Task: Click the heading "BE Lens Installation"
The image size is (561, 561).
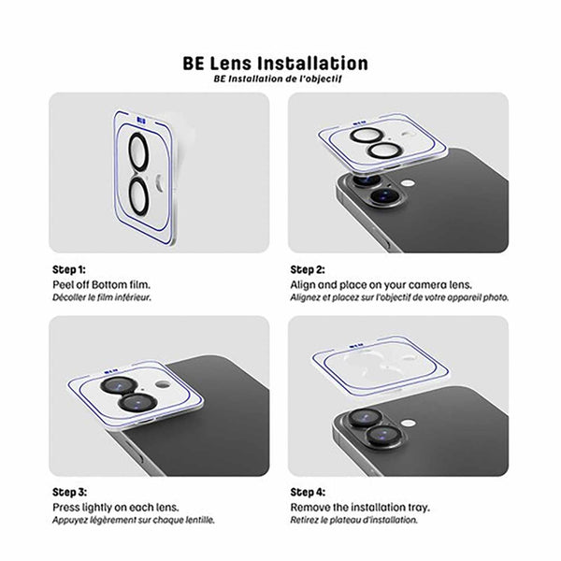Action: tap(276, 64)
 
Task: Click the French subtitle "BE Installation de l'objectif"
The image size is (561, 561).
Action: tap(276, 80)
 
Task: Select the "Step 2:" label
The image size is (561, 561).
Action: tap(309, 268)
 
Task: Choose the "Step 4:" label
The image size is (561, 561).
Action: tap(309, 492)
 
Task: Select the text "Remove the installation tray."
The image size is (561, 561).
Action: tap(359, 507)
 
